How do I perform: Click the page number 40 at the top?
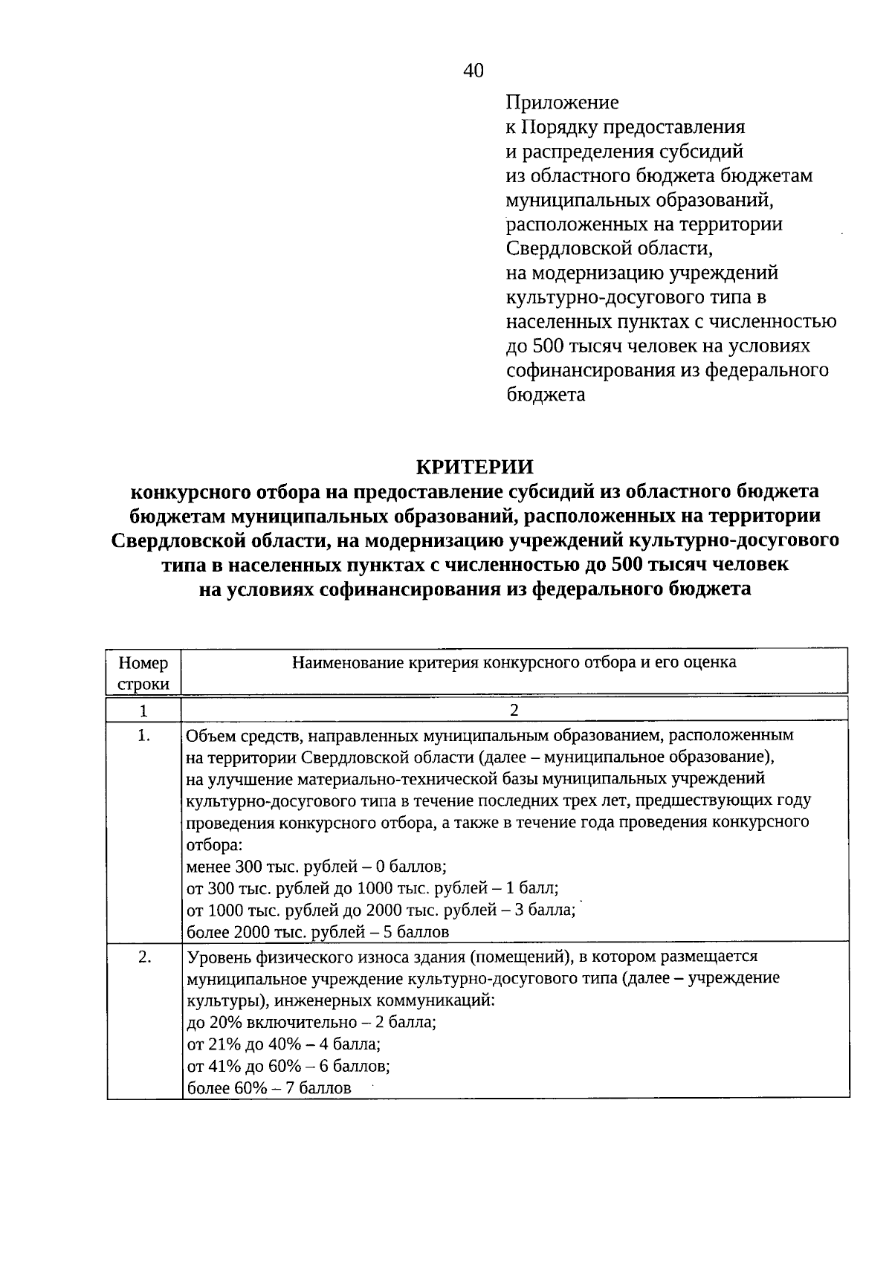(x=473, y=71)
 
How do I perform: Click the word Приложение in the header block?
(x=562, y=102)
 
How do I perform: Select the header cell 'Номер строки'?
(x=143, y=673)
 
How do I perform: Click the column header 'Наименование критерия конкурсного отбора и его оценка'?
(x=514, y=662)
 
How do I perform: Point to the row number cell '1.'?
(x=144, y=736)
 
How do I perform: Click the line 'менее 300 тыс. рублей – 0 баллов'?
(x=316, y=866)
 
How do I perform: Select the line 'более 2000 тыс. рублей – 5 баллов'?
(x=317, y=931)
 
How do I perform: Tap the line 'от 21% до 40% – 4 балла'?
(x=283, y=1044)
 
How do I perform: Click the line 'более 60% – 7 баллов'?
(x=268, y=1088)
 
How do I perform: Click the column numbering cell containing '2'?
(x=514, y=710)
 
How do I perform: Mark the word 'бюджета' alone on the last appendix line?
(x=546, y=395)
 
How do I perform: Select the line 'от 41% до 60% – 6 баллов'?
(x=288, y=1066)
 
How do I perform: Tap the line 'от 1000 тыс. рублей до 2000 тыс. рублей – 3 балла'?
(x=381, y=910)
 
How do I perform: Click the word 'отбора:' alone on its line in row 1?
(x=213, y=844)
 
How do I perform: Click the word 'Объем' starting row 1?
(x=209, y=736)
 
